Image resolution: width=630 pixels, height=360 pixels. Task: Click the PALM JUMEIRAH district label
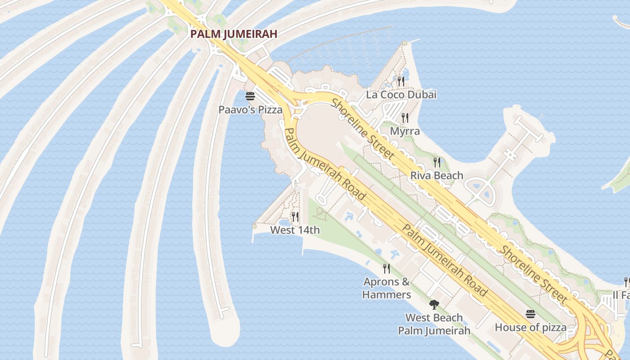tap(233, 34)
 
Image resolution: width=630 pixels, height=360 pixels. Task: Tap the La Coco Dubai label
tap(401, 95)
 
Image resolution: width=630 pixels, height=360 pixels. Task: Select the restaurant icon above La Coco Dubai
tap(401, 81)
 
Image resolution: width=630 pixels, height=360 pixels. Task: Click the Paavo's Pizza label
tap(250, 109)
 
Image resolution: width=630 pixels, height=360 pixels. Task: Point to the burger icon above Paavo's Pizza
tap(250, 96)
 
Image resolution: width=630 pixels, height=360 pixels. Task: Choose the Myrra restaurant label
tap(405, 131)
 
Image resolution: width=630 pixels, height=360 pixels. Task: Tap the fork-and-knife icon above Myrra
tap(405, 118)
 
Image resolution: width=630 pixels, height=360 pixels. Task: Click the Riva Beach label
tap(436, 175)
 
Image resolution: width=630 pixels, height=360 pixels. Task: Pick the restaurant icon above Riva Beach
tap(436, 162)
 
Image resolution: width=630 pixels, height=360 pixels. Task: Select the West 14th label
tap(295, 230)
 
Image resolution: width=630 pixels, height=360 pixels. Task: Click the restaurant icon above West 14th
tap(295, 216)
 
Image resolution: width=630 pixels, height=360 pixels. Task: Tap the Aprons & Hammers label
tap(387, 288)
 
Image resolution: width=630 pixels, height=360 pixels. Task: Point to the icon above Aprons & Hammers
tap(387, 269)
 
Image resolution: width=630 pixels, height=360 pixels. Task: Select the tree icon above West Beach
tap(434, 305)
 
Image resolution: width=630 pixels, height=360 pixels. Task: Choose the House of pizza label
tap(531, 328)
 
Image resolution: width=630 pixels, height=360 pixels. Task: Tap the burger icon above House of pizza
tap(531, 314)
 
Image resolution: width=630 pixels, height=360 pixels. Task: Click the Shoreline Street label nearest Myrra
tap(363, 129)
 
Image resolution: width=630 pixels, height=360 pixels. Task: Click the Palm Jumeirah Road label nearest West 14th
tap(325, 165)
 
